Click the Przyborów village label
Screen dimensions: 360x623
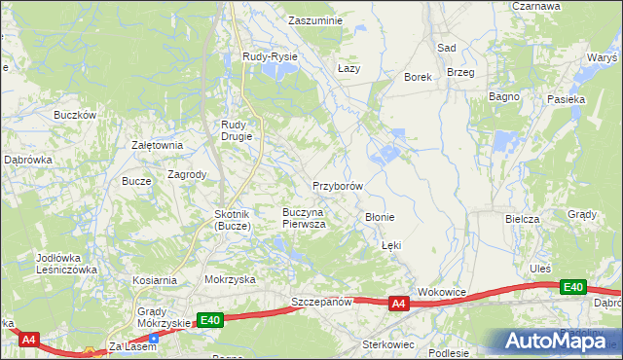point(338,185)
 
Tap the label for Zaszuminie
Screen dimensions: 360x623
point(316,19)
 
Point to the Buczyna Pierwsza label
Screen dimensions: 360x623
point(304,217)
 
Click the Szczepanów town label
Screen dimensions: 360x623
point(321,303)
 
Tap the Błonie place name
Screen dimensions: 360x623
point(379,217)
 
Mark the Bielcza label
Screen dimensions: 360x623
point(522,219)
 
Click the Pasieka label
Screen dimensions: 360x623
point(566,99)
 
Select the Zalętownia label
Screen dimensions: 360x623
point(158,145)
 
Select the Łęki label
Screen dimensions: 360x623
point(390,246)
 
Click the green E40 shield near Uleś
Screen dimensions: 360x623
point(573,287)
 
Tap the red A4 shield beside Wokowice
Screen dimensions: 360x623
point(398,305)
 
